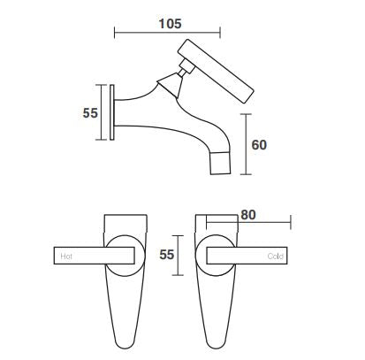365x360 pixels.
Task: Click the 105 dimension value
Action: tap(170, 24)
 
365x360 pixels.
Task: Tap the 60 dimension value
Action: tap(259, 145)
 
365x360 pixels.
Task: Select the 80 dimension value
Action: tap(248, 215)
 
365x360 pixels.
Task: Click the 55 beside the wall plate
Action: tap(90, 113)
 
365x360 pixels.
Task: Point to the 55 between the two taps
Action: tap(167, 255)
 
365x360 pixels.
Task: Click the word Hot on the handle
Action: tap(66, 257)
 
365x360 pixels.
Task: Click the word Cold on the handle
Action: tap(276, 257)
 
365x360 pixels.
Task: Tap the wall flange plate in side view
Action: tap(112, 112)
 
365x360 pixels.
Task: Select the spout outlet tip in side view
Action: tap(220, 163)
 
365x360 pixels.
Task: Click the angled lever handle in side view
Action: tap(216, 71)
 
